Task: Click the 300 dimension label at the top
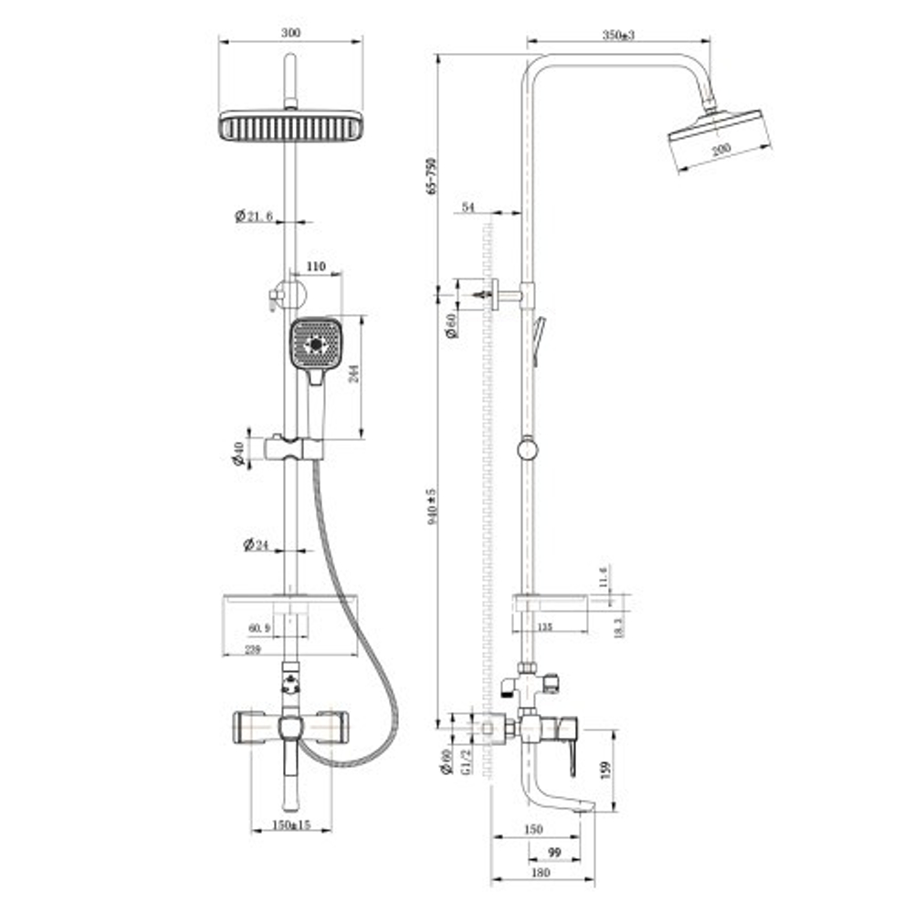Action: [290, 33]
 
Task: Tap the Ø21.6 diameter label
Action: [254, 216]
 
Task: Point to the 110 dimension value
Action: [315, 266]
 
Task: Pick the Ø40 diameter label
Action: [238, 453]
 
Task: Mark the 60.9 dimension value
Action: [259, 628]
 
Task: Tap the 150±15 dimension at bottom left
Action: [290, 824]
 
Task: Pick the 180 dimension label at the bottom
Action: [541, 873]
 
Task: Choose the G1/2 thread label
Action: [466, 761]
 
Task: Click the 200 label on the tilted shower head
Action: [721, 148]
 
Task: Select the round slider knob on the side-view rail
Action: [527, 449]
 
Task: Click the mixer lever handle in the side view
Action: [572, 754]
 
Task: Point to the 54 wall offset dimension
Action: [468, 208]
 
